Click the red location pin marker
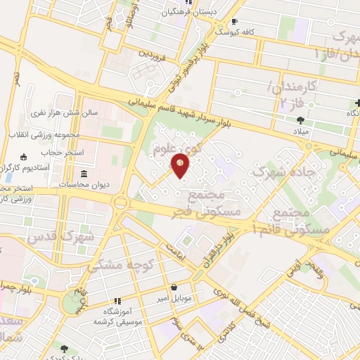[180, 165]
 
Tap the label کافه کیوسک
[236, 32]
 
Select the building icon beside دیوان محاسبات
[84, 174]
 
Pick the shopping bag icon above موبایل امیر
[173, 286]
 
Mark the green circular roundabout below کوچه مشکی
[73, 302]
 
